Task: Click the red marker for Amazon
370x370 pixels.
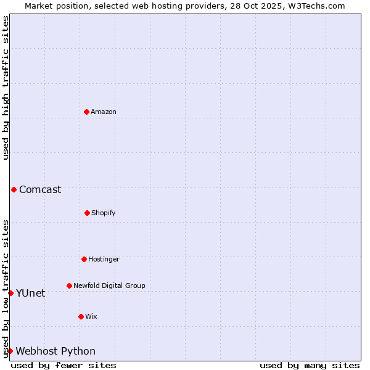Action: pos(86,112)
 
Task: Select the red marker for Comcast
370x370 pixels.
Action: pos(14,189)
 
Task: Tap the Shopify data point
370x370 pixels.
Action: pos(87,213)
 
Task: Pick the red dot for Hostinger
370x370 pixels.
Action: pos(84,259)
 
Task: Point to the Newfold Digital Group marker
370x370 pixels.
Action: pos(69,286)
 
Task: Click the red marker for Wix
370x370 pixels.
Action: pos(81,316)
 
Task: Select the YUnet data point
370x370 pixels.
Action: pos(10,293)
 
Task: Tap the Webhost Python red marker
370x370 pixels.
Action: pos(10,351)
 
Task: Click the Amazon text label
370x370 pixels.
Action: pos(104,112)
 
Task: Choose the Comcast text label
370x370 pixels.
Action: pos(40,189)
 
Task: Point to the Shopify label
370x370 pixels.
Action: pos(104,213)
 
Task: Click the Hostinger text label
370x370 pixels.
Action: pos(104,259)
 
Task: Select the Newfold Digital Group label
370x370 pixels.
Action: pos(109,286)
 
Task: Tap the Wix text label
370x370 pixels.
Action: pos(91,316)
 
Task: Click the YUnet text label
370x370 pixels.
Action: pos(30,293)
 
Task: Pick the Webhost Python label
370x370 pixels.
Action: pos(55,351)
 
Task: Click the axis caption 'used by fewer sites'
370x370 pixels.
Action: pos(64,365)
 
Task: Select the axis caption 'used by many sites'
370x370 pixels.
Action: pos(310,365)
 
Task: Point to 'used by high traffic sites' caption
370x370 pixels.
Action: pos(6,88)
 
